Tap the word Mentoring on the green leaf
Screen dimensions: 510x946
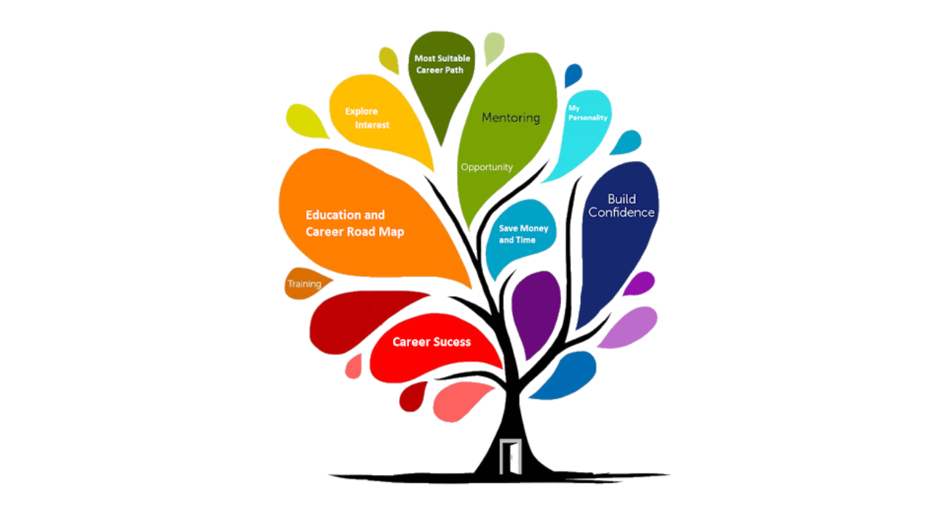[511, 117]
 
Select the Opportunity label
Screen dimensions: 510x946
[487, 167]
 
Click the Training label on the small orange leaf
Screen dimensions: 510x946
[304, 283]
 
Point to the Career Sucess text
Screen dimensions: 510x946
[432, 342]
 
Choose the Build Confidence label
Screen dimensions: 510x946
[621, 205]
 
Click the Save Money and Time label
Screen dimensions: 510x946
[523, 234]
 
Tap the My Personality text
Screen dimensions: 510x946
[587, 113]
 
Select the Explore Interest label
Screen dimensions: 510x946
[367, 118]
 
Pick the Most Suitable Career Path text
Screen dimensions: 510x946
[442, 64]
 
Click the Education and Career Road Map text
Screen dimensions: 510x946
[354, 224]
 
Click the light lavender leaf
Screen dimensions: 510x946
[627, 326]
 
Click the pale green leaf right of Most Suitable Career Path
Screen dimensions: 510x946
[494, 47]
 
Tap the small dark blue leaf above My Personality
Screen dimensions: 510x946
[573, 75]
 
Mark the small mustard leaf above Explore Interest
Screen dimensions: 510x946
[389, 60]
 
